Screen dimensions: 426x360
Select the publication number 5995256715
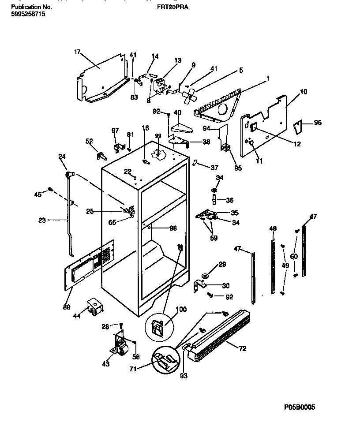pyautogui.click(x=27, y=14)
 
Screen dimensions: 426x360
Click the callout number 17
pyautogui.click(x=77, y=52)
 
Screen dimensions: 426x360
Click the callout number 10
pyautogui.click(x=304, y=92)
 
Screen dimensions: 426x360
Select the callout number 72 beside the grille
pyautogui.click(x=243, y=349)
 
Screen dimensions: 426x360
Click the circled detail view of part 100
pyautogui.click(x=158, y=326)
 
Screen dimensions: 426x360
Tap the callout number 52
pyautogui.click(x=89, y=141)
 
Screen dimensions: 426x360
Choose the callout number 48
pyautogui.click(x=273, y=228)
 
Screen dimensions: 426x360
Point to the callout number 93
pyautogui.click(x=183, y=376)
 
